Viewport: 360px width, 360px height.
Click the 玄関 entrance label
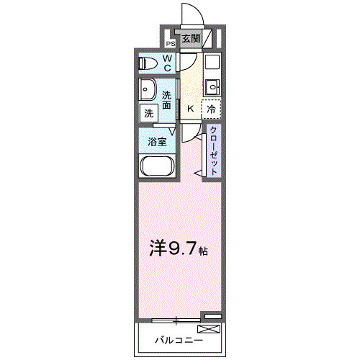tap(189, 39)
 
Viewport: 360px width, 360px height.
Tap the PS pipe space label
tap(171, 43)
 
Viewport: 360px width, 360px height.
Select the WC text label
tap(166, 63)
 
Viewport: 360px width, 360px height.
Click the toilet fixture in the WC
tap(147, 63)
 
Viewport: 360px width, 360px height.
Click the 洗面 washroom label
tap(167, 100)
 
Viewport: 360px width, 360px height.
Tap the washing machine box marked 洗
tap(148, 113)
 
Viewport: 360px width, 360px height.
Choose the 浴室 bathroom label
tap(158, 141)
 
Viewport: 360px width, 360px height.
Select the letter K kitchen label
tap(190, 109)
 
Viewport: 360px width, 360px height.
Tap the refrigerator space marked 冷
tap(211, 109)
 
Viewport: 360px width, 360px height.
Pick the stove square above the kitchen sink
tap(211, 63)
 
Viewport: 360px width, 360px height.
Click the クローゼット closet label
tap(214, 149)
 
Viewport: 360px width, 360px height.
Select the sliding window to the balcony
tap(176, 317)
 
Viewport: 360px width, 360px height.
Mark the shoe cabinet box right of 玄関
tap(208, 39)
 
